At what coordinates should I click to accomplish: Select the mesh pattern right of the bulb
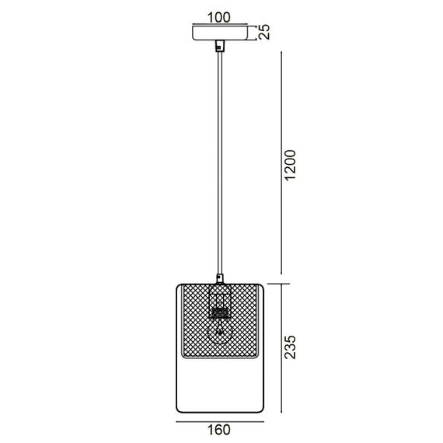click(x=247, y=323)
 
